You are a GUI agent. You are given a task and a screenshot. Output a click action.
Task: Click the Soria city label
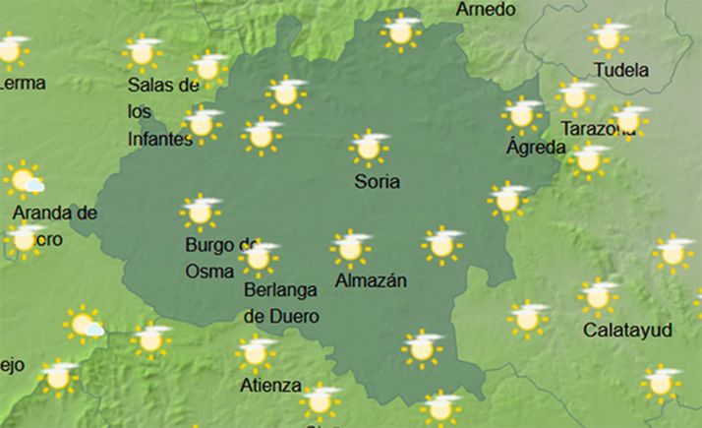pyautogui.click(x=379, y=181)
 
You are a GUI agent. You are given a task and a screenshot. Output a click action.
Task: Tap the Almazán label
pyautogui.click(x=372, y=280)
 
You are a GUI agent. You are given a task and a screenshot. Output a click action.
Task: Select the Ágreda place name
pyautogui.click(x=535, y=148)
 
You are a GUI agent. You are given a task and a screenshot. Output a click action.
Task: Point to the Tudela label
pyautogui.click(x=621, y=70)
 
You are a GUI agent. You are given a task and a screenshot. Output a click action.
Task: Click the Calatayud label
pyautogui.click(x=625, y=329)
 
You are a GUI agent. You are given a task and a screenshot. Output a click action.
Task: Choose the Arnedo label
pyautogui.click(x=486, y=10)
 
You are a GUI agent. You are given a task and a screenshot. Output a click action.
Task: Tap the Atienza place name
pyautogui.click(x=270, y=385)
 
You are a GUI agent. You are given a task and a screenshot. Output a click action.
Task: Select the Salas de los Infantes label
pyautogui.click(x=163, y=112)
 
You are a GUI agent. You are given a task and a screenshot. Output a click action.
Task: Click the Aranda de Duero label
pyautogui.click(x=54, y=225)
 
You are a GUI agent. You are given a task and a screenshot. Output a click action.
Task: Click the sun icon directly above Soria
pyautogui.click(x=369, y=147)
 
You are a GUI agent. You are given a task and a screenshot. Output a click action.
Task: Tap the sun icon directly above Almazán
pyautogui.click(x=349, y=249)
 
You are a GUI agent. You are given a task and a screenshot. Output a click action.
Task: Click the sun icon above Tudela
pyautogui.click(x=608, y=37)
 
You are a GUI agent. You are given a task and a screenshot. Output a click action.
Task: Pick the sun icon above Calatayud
pyautogui.click(x=597, y=296)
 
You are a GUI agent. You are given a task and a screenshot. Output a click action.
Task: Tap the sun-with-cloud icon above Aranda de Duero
pyautogui.click(x=24, y=181)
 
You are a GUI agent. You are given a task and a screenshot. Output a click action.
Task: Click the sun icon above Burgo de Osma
pyautogui.click(x=200, y=212)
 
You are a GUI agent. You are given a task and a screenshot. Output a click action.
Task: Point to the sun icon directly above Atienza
pyautogui.click(x=256, y=351)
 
